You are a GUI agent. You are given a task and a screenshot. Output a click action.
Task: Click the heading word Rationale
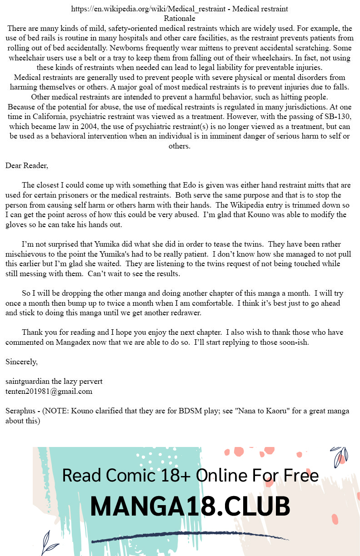tap(180, 19)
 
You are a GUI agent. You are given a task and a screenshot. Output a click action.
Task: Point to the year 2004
tap(80, 126)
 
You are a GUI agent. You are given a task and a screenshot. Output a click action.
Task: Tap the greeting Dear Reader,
tap(27, 165)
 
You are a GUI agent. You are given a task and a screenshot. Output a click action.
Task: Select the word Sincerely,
tap(21, 362)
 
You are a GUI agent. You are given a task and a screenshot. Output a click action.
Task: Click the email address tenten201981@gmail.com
tap(49, 391)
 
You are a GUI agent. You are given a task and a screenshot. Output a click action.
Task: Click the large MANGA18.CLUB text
tap(190, 506)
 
